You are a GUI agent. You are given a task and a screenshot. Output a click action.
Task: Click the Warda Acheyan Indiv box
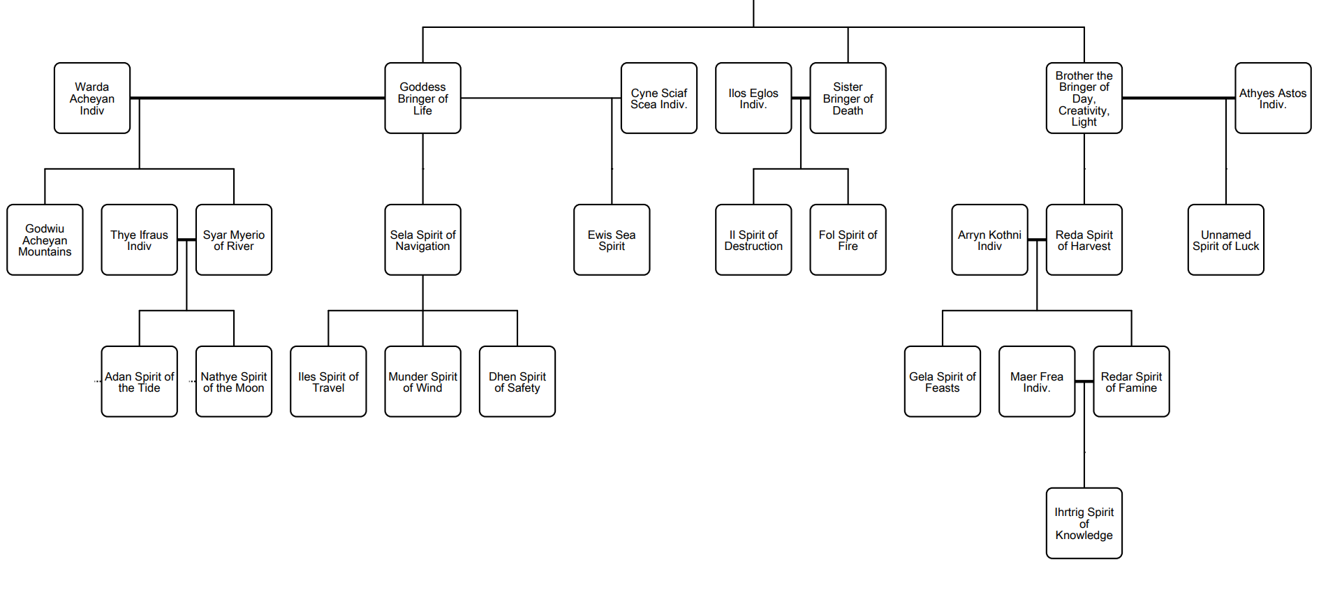[92, 98]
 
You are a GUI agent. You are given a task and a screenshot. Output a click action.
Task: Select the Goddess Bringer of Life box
[422, 98]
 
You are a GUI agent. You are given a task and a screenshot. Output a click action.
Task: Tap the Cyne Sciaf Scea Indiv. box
[658, 98]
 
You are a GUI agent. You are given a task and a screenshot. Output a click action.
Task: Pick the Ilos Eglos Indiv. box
[753, 98]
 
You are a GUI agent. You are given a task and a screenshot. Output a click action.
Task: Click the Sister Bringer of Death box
[848, 98]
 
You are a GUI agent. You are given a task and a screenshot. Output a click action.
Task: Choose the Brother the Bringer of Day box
[1084, 98]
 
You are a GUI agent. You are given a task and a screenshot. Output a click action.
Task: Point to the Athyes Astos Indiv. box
[1272, 98]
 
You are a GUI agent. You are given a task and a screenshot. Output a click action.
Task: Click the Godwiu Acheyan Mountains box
[45, 240]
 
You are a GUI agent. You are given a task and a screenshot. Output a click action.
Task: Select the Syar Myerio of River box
[234, 240]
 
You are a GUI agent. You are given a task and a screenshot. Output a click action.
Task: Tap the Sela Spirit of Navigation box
[422, 240]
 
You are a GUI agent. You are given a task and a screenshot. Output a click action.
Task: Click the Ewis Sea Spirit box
[612, 240]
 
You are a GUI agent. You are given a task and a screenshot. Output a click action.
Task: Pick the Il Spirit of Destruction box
[753, 240]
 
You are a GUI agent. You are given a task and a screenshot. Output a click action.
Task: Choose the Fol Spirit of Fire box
[848, 240]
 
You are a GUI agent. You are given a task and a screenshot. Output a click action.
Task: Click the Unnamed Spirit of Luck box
[1225, 240]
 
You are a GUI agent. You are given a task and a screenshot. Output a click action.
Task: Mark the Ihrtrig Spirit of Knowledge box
[1084, 524]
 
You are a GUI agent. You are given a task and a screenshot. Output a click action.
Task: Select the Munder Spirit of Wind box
[422, 382]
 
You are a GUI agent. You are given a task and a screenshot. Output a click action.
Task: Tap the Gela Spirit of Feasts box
[942, 382]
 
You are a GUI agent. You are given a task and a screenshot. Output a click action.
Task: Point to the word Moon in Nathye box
[250, 388]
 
